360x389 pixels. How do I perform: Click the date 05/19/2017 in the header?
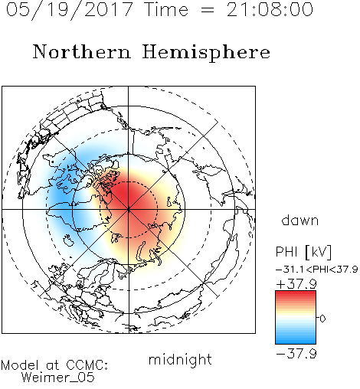(x=69, y=9)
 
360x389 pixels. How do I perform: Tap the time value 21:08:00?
(x=270, y=9)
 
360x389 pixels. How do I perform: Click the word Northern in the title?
(x=82, y=51)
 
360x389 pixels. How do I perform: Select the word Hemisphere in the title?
(x=206, y=53)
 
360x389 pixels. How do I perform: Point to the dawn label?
(x=300, y=220)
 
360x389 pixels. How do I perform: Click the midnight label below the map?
(x=180, y=360)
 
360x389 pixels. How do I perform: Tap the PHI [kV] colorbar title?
(x=303, y=252)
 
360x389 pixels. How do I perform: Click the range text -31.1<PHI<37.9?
(x=316, y=270)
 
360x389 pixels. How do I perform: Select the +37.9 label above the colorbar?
(x=296, y=283)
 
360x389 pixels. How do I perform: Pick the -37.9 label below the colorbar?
(x=296, y=354)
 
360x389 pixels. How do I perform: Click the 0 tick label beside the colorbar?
(x=322, y=319)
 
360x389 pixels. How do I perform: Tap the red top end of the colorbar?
(x=296, y=293)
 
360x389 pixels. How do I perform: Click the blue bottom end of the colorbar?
(x=296, y=342)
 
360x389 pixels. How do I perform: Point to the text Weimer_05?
(x=58, y=378)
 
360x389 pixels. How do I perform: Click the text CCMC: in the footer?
(x=87, y=365)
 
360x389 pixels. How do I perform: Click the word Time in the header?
(x=166, y=9)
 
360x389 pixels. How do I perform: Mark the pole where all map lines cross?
(x=129, y=209)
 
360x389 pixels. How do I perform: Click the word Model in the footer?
(x=20, y=365)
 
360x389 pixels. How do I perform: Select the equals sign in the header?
(x=207, y=10)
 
